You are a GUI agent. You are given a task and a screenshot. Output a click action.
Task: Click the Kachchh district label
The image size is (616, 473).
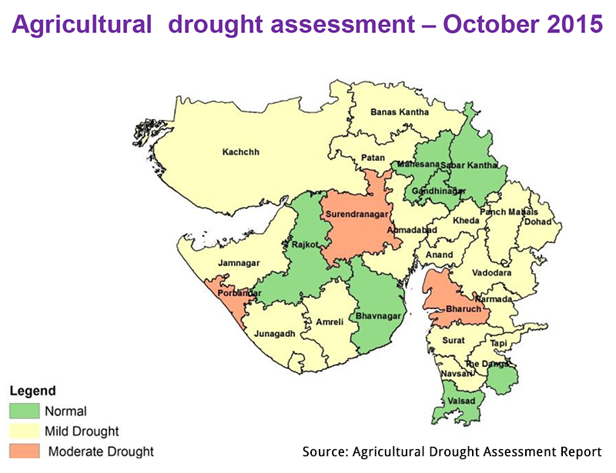click(241, 152)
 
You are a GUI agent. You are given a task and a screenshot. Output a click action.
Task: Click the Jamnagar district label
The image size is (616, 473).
click(241, 263)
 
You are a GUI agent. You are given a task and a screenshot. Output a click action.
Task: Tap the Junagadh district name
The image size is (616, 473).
click(274, 334)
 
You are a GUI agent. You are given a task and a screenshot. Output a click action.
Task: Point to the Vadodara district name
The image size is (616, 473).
click(489, 273)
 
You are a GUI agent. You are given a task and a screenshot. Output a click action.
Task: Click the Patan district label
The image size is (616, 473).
click(373, 158)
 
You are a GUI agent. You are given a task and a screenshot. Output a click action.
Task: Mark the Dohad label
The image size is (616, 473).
click(538, 222)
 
